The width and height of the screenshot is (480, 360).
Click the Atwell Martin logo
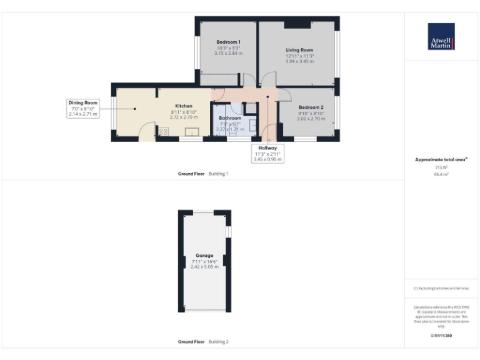(441, 36)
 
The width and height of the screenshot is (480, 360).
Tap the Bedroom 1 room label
(228, 42)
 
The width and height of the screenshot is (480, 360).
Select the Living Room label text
(299, 50)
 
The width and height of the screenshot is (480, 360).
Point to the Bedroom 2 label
(311, 107)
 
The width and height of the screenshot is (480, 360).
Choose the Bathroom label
(230, 117)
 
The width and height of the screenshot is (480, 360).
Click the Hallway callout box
(267, 154)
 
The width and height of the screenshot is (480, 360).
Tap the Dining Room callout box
(84, 108)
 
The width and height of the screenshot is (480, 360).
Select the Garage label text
(204, 256)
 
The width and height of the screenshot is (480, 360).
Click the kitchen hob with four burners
(164, 131)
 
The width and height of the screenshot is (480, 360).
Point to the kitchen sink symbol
(191, 132)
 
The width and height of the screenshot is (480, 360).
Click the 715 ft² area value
(441, 167)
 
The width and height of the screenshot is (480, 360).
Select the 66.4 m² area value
(441, 174)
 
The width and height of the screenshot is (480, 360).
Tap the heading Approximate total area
(441, 160)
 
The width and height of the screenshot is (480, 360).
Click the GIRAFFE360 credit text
(441, 336)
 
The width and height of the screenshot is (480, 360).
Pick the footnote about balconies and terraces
(441, 288)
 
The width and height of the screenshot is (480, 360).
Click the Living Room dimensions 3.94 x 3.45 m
(299, 61)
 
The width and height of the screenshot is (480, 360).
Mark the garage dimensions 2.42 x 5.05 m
(204, 267)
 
